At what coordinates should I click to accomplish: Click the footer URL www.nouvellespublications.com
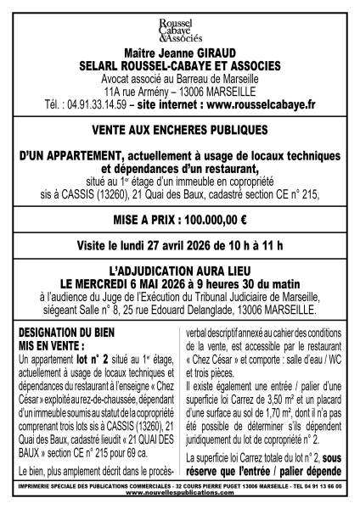coord(180,495)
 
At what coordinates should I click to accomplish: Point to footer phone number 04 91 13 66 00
coord(324,488)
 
